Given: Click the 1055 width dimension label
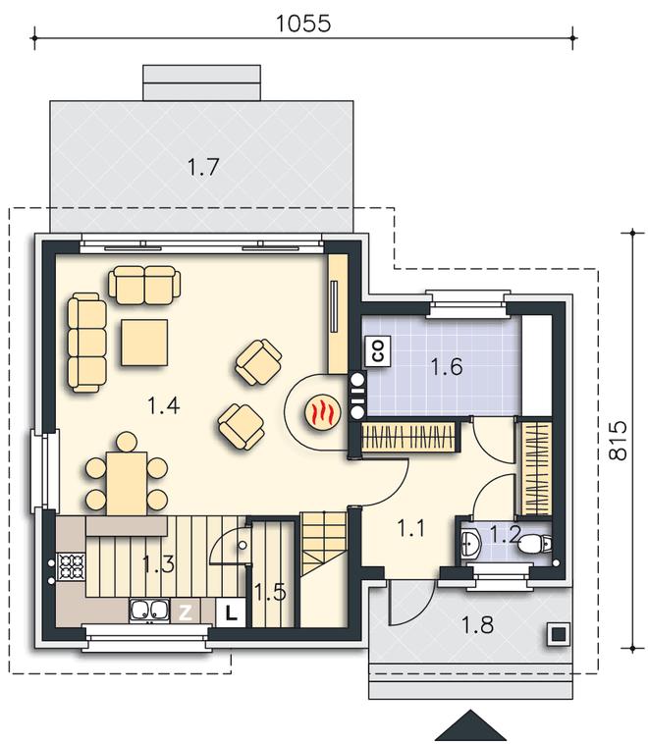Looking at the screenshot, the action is pyautogui.click(x=302, y=24).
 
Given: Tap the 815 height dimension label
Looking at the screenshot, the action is pyautogui.click(x=618, y=440).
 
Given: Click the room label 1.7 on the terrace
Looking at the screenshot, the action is pyautogui.click(x=203, y=167).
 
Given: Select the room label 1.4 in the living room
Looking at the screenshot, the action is pyautogui.click(x=163, y=406).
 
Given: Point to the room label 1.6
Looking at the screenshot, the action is pyautogui.click(x=447, y=367).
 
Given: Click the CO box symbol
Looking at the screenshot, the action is pyautogui.click(x=378, y=351).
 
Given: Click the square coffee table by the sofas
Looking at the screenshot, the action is pyautogui.click(x=144, y=343).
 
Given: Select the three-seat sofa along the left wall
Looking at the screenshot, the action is pyautogui.click(x=86, y=343).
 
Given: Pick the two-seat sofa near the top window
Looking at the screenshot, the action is pyautogui.click(x=144, y=285).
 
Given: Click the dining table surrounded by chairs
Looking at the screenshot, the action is pyautogui.click(x=127, y=484).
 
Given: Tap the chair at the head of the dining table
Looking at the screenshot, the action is pyautogui.click(x=127, y=442).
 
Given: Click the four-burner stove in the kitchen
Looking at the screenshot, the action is pyautogui.click(x=71, y=566).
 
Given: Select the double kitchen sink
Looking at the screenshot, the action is pyautogui.click(x=149, y=611).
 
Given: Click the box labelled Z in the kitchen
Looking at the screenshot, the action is pyautogui.click(x=185, y=612).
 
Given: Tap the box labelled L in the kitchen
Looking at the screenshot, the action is pyautogui.click(x=231, y=613).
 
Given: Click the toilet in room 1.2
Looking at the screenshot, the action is pyautogui.click(x=534, y=544).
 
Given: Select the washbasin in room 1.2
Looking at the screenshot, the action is pyautogui.click(x=470, y=543).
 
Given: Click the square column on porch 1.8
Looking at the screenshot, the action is pyautogui.click(x=559, y=634).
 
